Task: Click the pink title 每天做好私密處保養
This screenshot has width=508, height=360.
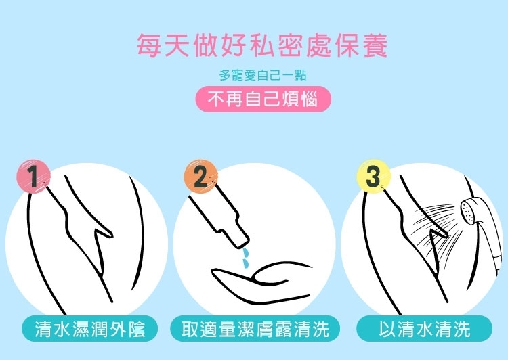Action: [x=261, y=45]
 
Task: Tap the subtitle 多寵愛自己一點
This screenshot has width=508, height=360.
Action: [x=263, y=75]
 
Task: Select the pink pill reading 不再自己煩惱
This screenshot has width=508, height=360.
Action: [x=263, y=99]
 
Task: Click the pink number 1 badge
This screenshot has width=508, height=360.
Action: [x=34, y=177]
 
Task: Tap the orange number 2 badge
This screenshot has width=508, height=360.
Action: [x=201, y=177]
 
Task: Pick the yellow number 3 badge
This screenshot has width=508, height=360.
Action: [x=373, y=177]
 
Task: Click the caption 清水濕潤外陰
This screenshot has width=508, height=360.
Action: [x=89, y=329]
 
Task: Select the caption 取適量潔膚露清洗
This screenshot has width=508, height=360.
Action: [x=255, y=329]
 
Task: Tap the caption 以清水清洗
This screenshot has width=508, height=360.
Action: [x=425, y=329]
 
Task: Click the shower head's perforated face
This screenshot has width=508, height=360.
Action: [x=467, y=211]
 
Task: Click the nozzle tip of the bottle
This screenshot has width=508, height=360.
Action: [x=241, y=242]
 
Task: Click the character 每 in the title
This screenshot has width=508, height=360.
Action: [x=148, y=45]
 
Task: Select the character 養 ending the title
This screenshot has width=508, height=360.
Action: [x=375, y=45]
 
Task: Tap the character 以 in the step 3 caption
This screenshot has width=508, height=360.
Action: [x=388, y=329]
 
